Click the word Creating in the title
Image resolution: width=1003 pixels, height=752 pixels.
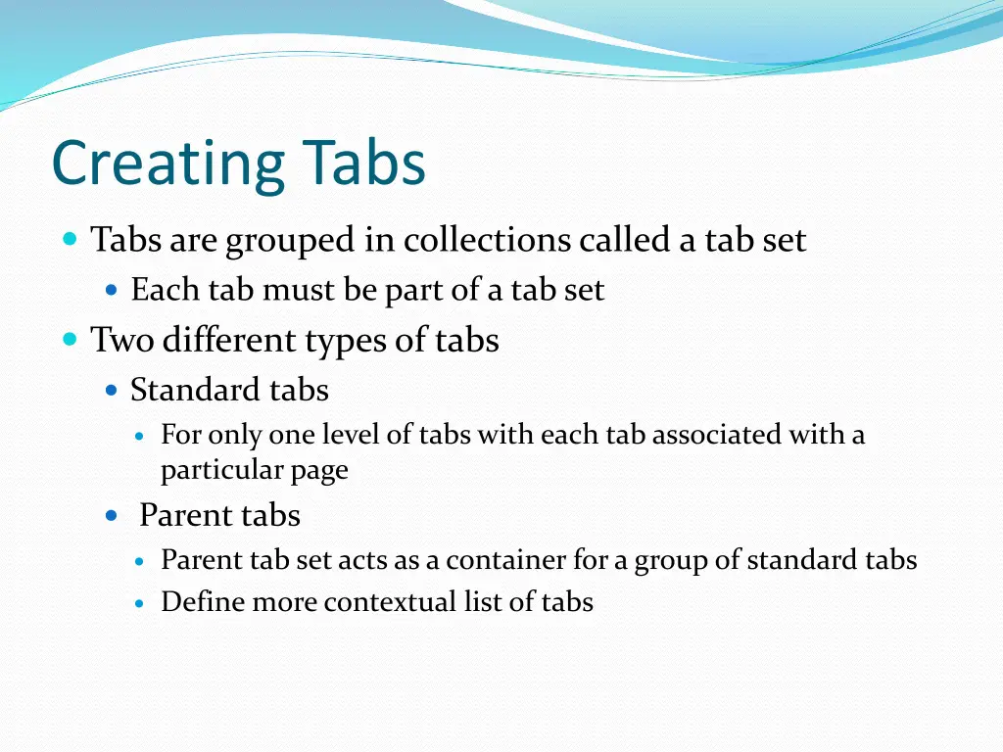click(168, 164)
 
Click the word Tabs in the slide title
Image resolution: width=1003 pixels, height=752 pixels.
click(364, 164)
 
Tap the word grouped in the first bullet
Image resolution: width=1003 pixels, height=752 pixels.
click(291, 241)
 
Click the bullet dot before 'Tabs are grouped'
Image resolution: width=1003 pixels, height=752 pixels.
click(69, 239)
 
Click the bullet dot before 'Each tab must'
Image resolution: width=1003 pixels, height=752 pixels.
click(111, 290)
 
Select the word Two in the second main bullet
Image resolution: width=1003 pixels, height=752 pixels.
click(122, 341)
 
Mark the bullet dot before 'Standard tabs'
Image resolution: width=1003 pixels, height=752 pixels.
click(111, 391)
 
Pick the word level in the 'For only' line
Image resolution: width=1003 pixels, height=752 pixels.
click(347, 434)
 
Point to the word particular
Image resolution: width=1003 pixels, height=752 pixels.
click(222, 471)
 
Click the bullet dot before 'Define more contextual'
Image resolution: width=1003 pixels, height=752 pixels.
click(140, 603)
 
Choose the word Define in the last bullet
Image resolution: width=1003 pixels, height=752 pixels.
click(203, 601)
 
